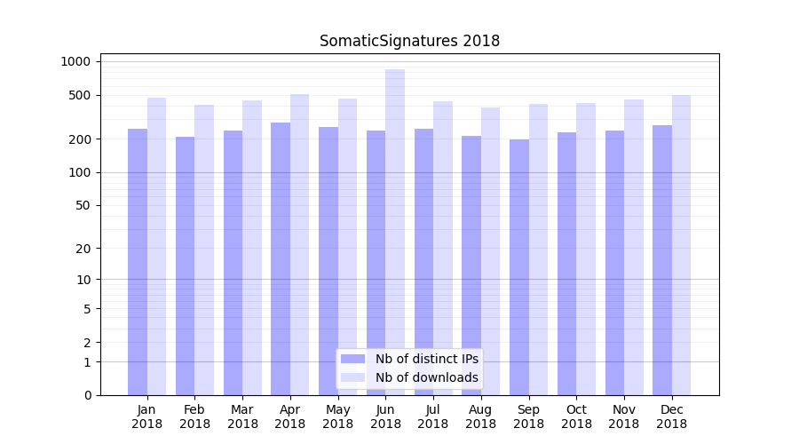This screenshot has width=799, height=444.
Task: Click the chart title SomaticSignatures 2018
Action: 409,42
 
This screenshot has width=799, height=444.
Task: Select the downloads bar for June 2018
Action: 395,232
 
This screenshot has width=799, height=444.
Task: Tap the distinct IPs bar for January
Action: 138,262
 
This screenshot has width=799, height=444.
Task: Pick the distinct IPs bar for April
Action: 281,258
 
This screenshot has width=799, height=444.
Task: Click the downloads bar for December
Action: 681,245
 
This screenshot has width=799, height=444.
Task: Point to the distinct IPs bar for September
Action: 519,267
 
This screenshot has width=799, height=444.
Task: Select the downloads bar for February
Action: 204,250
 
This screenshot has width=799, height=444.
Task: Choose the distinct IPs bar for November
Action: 614,263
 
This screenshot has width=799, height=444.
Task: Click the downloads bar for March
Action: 252,248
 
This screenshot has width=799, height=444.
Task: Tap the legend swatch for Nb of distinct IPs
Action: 352,359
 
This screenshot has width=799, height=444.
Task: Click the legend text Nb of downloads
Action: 426,377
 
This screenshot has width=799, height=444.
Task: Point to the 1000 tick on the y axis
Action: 75,61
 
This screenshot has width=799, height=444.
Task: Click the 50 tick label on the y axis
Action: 83,205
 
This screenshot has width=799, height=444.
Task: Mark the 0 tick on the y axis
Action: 87,395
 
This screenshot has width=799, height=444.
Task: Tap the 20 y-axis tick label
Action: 83,249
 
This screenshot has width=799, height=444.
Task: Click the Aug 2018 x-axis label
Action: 480,416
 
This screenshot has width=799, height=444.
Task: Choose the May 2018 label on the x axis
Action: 337,416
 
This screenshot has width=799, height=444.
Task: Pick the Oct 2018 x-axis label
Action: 576,416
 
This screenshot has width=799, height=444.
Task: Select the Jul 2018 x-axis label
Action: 433,416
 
